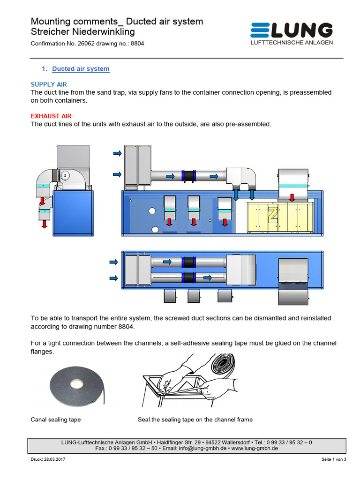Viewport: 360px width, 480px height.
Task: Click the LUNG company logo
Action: [x=292, y=31]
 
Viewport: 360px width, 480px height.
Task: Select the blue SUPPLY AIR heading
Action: [x=49, y=84]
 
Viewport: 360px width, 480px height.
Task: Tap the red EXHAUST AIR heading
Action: [x=51, y=116]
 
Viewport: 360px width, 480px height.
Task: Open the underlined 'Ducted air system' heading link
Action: [x=81, y=69]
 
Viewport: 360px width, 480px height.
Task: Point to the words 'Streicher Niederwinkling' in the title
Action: [x=82, y=32]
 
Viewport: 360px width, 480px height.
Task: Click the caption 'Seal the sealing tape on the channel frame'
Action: [x=195, y=420]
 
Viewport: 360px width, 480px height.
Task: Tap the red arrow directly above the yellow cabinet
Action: [x=292, y=197]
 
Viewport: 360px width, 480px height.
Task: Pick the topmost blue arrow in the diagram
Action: [x=117, y=153]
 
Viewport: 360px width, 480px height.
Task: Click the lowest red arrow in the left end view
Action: [x=45, y=224]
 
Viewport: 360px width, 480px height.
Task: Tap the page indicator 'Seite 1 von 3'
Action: [x=333, y=460]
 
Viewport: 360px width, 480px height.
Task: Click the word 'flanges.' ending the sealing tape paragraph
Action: [x=43, y=351]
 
